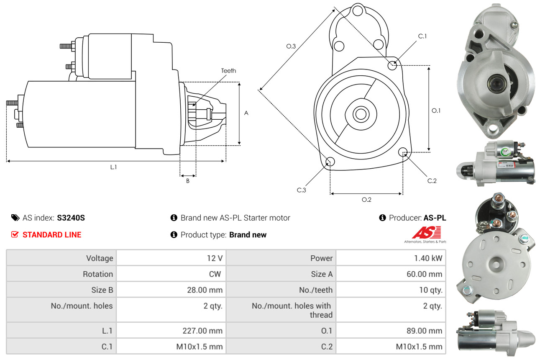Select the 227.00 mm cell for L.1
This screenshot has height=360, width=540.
pos(202,331)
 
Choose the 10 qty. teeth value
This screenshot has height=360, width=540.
pos(430,290)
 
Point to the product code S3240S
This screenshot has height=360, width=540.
pos(71,218)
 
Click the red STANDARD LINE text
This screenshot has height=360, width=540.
pos(52,235)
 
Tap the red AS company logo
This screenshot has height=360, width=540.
pos(426,233)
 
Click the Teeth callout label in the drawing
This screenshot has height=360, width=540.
pos(228,71)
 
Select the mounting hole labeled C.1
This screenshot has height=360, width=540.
pos(392,65)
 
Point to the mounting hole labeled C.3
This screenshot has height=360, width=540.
pos(330,162)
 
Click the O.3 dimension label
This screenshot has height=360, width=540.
pos(291,46)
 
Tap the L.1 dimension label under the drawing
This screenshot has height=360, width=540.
pos(113,167)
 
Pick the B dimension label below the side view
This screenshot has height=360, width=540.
pos(188,181)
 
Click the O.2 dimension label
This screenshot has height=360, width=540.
pos(366,200)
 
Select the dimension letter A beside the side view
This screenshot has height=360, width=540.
pos(246,113)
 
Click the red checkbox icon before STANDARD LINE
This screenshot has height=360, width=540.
pos(15,235)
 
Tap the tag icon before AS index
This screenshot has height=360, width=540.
pos(15,218)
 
